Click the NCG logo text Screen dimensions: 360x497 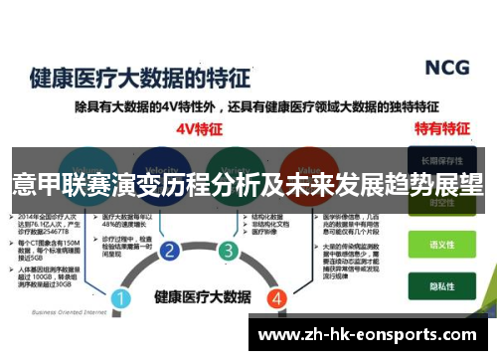point(447,68)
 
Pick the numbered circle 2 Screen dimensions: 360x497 point(169,250)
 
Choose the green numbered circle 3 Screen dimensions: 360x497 point(228,250)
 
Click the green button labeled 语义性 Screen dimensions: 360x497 point(441,243)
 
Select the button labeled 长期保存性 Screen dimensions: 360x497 point(441,160)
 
